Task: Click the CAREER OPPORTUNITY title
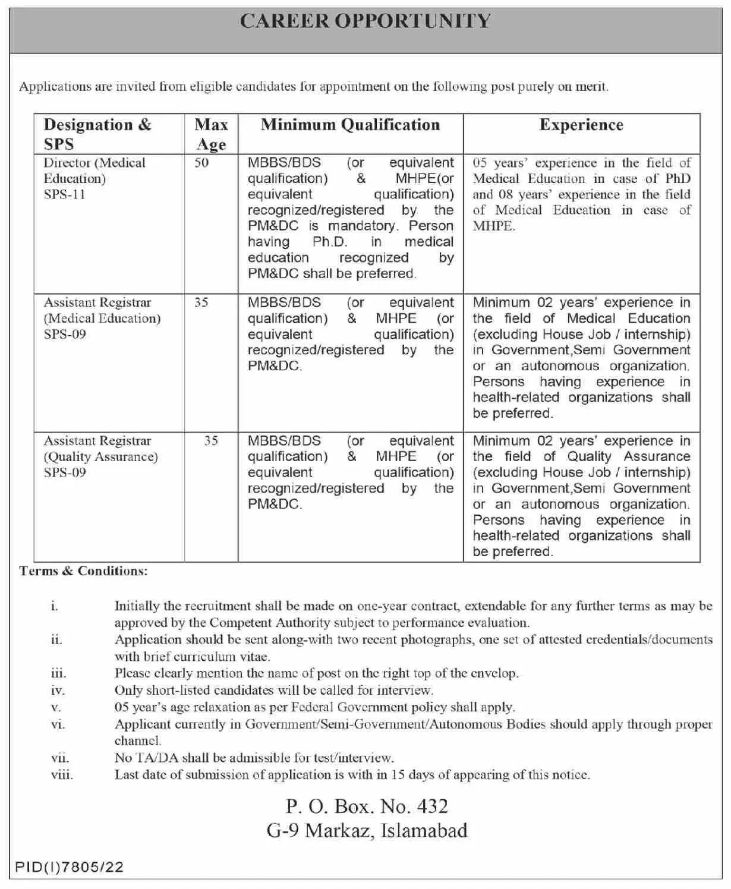coord(365,21)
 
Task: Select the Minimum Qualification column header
coord(350,125)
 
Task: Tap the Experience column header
coord(581,125)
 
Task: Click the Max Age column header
coord(211,134)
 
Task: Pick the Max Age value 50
coord(201,163)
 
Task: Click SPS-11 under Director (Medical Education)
coord(64,194)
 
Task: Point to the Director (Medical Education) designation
coord(94,171)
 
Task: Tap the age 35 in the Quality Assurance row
coord(211,441)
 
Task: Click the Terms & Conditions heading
coord(83,571)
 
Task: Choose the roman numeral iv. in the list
coord(58,691)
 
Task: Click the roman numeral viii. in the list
coord(62,775)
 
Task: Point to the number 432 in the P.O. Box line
coord(432,806)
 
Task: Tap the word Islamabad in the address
coord(424,830)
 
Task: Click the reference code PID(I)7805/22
coord(69,867)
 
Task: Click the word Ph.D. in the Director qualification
coord(330,242)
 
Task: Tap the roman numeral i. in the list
coord(55,606)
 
